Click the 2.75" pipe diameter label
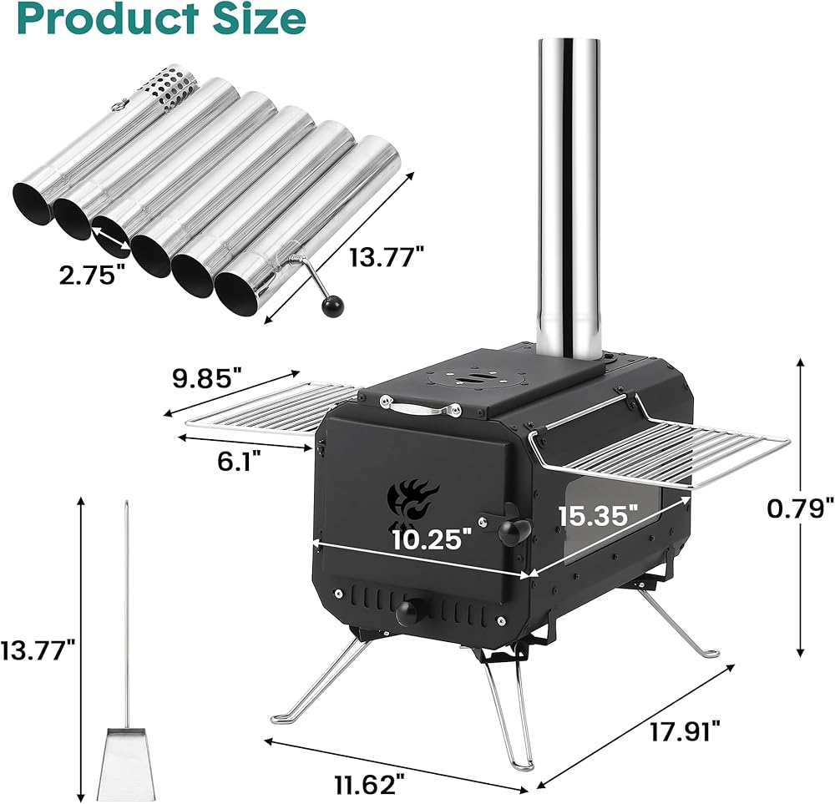pos(93,275)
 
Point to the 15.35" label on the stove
pos(598,515)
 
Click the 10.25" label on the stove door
pos(433,540)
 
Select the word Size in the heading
pos(252,18)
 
